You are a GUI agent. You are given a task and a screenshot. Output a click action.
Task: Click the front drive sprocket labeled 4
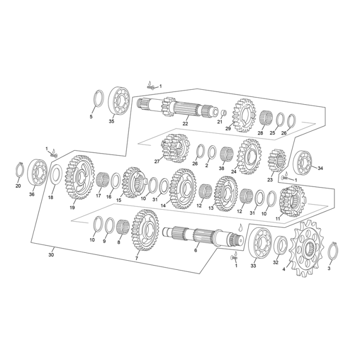(307, 249)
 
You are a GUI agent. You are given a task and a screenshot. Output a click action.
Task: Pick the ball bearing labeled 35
(119, 100)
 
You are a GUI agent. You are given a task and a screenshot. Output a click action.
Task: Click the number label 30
(51, 255)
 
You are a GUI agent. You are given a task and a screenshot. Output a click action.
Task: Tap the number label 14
(163, 205)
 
